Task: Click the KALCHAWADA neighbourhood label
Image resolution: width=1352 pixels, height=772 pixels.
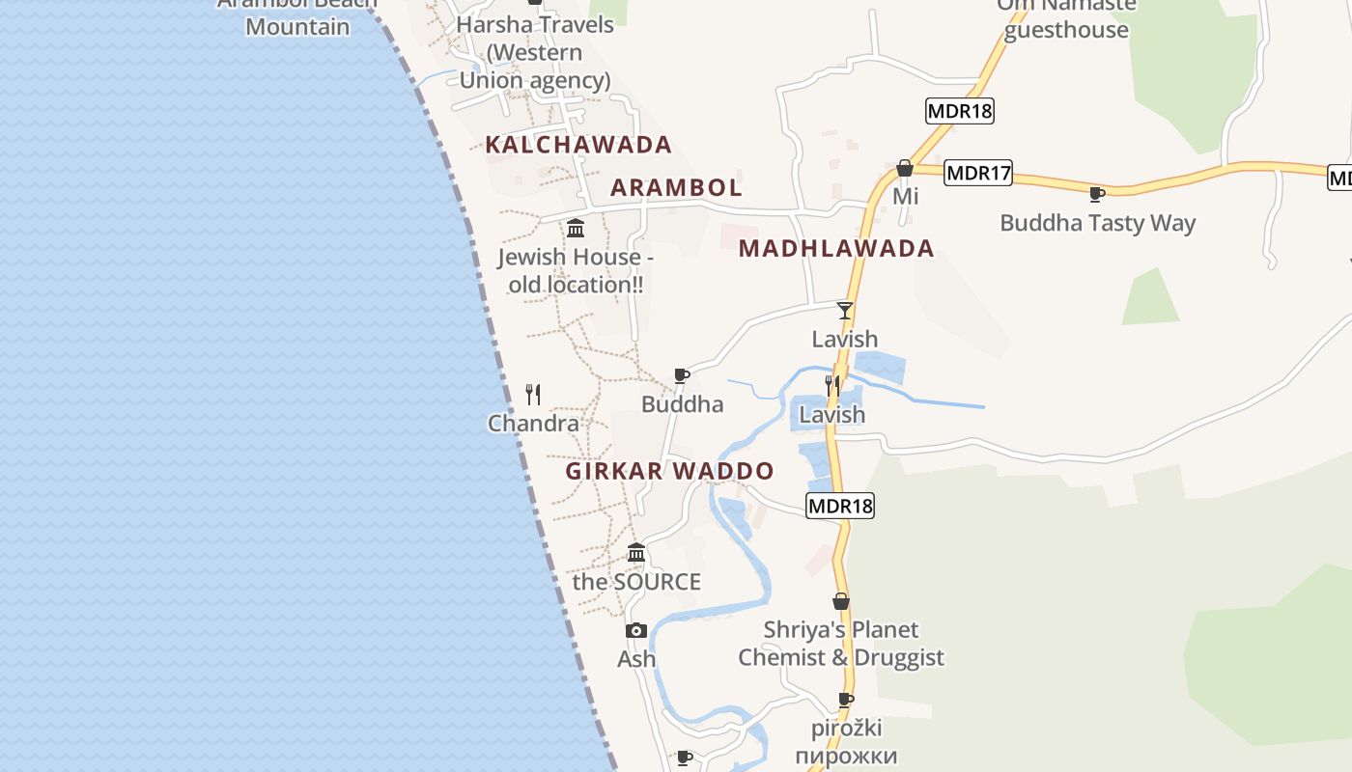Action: [x=577, y=145]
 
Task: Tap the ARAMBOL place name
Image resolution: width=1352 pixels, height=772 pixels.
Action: [x=676, y=187]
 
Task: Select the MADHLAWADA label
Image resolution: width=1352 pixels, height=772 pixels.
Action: [x=836, y=248]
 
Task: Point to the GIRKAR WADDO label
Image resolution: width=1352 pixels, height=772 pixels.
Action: [x=669, y=471]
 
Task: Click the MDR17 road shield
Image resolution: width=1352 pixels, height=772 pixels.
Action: [x=978, y=174]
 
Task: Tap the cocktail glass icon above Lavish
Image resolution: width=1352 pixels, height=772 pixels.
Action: [x=845, y=310]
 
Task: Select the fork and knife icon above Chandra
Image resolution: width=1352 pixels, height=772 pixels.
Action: [x=533, y=394]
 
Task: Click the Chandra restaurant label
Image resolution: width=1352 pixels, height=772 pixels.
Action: [x=533, y=423]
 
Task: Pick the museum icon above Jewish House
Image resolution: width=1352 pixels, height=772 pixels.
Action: [x=576, y=229]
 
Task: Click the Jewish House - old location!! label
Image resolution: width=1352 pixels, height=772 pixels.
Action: [x=576, y=271]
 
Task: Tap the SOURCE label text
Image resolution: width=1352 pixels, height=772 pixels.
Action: [x=636, y=582]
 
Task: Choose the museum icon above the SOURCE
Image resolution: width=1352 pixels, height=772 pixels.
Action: [x=636, y=553]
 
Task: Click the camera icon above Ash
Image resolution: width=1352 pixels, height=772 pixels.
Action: [x=636, y=631]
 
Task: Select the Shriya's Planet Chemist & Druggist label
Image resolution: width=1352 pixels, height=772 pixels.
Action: [x=841, y=644]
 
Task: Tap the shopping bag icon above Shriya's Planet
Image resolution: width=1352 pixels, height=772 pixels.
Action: [x=841, y=601]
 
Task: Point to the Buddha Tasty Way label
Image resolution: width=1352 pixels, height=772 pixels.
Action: [x=1097, y=223]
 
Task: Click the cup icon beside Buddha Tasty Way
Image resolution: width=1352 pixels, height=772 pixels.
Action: [x=1096, y=194]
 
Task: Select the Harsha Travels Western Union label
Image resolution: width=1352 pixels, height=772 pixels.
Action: [x=534, y=52]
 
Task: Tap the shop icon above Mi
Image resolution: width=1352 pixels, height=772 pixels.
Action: [x=905, y=169]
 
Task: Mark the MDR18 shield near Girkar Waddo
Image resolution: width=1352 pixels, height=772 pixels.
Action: [x=839, y=506]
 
